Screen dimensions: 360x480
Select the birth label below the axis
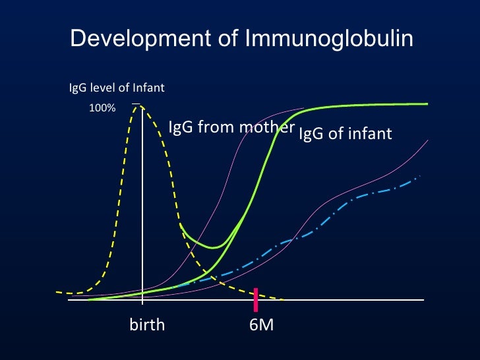point(147,325)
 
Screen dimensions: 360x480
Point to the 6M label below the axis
point(262,325)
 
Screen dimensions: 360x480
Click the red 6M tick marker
point(256,299)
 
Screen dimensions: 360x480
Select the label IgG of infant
point(345,135)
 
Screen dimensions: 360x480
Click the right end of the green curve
point(427,104)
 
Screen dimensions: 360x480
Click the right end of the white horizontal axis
point(422,300)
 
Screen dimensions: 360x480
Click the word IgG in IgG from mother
point(181,127)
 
